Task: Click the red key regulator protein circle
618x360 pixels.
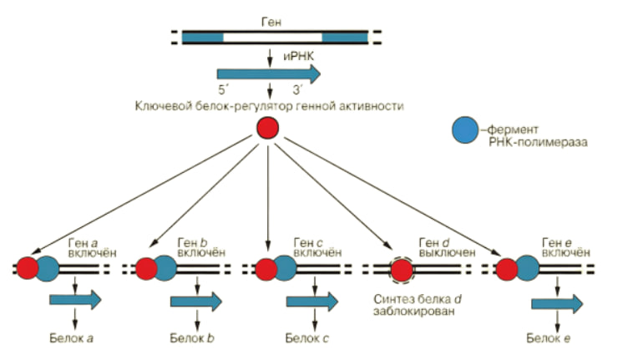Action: coord(267,128)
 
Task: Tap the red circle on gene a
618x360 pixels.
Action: coord(27,268)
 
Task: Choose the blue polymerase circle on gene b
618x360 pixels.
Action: coord(165,267)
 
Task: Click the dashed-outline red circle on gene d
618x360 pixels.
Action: coord(402,270)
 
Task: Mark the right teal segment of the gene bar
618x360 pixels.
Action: coord(344,37)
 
